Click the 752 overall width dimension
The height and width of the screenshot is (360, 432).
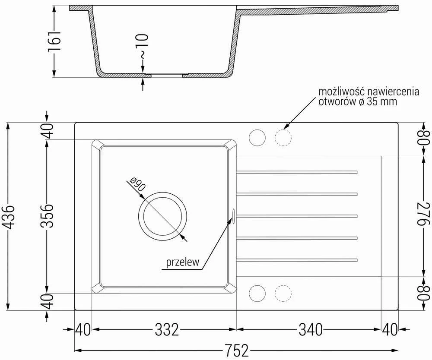click(x=237, y=351)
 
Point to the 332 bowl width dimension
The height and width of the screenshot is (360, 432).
click(x=167, y=329)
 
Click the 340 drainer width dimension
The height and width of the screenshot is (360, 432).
click(x=311, y=329)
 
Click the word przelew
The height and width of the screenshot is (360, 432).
click(x=182, y=262)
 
